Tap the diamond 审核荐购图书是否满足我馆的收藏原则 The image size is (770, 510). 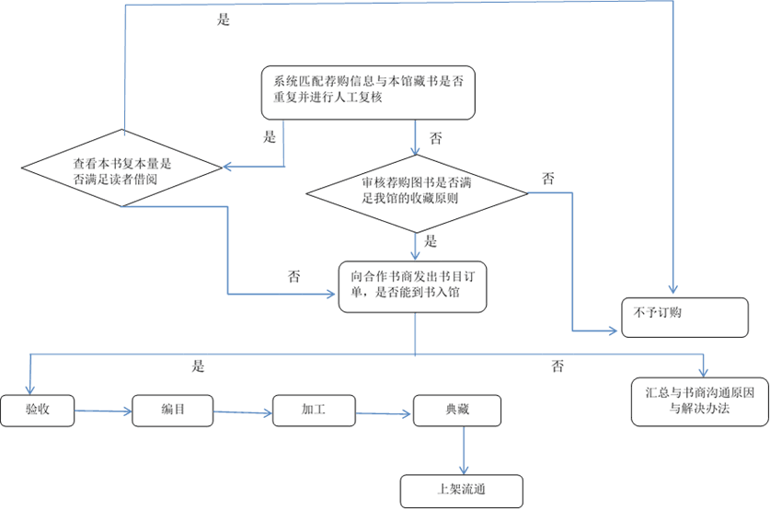417,192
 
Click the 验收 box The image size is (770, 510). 37,411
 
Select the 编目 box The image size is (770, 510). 173,411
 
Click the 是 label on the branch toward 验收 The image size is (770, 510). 197,366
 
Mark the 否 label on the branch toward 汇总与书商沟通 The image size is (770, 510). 557,366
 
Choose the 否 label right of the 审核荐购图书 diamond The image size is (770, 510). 548,178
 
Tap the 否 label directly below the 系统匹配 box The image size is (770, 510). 435,139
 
